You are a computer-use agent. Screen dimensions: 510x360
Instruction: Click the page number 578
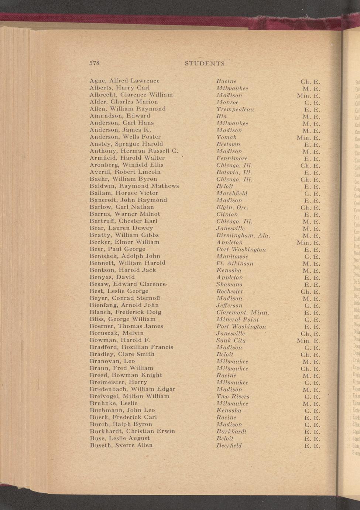[x=95, y=63]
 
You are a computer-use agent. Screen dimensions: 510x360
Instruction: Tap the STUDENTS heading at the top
[x=205, y=63]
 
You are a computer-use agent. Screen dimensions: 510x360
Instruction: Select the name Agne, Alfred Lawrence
[x=124, y=81]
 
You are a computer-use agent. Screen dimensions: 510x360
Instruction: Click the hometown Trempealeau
[x=235, y=109]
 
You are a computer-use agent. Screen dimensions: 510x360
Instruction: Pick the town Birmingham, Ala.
[x=243, y=235]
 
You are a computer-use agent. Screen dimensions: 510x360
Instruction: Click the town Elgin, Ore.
[x=232, y=207]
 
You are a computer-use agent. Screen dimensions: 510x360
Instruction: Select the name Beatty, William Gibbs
[x=124, y=235]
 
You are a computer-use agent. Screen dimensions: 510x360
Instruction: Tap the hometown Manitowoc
[x=232, y=256]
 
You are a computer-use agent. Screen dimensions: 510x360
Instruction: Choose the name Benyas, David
[x=112, y=277]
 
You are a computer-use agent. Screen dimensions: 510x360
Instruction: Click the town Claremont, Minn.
[x=243, y=313]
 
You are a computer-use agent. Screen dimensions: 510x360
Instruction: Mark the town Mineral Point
[x=237, y=320]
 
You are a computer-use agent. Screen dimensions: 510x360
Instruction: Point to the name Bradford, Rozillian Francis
[x=131, y=347]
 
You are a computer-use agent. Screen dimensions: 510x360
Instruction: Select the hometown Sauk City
[x=231, y=341]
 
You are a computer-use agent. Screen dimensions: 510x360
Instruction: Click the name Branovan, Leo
[x=112, y=361]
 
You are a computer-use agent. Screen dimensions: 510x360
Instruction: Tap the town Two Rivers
[x=233, y=397]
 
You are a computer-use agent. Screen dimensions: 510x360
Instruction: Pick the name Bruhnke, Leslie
[x=113, y=403]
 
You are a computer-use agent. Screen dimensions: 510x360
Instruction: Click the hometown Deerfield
[x=229, y=446]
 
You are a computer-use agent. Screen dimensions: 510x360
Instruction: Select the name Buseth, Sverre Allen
[x=121, y=445]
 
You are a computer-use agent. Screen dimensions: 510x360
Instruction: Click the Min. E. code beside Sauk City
[x=308, y=341]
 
